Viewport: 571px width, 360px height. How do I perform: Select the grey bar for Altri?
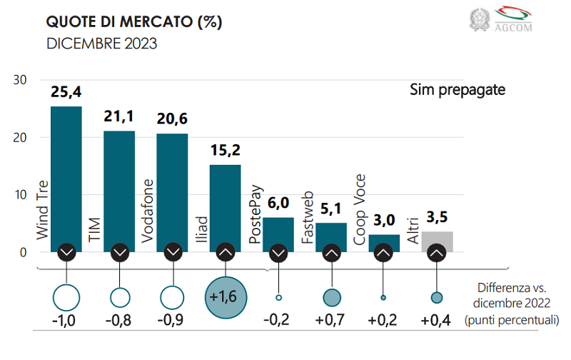(x=437, y=239)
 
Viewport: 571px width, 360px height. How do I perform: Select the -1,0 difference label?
(x=66, y=321)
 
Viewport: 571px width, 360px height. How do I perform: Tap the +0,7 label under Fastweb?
(x=330, y=321)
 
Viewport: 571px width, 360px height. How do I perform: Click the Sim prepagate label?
(x=458, y=90)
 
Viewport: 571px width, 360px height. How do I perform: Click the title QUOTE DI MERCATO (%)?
(x=134, y=21)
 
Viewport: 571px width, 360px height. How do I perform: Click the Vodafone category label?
(x=148, y=207)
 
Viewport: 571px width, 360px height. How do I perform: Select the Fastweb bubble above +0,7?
(x=330, y=297)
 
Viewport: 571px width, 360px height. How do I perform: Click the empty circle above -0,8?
(x=119, y=297)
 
